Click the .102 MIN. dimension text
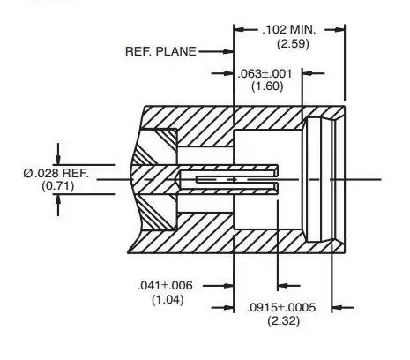288,30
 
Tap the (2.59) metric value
293,44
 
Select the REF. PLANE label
160,51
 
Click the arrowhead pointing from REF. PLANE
228,52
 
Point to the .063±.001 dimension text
265,73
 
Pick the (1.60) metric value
267,86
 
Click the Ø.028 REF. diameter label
56,173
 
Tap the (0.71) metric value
57,186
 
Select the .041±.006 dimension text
165,285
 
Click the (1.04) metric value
168,300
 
